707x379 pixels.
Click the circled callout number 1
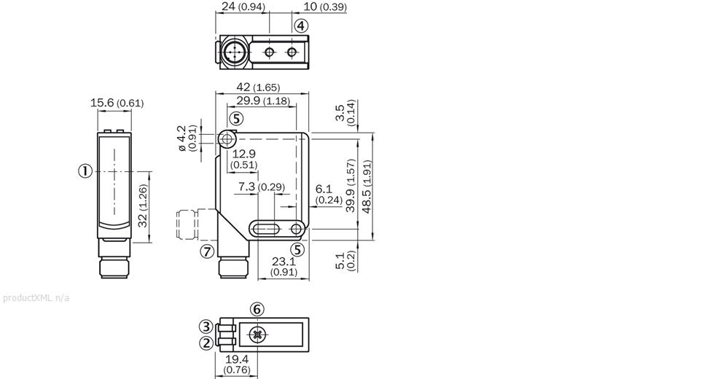(85, 171)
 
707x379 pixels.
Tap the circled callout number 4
(301, 26)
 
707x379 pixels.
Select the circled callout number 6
(257, 309)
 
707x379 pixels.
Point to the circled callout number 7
(207, 251)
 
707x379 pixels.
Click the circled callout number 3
(206, 326)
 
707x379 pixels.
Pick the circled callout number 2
(206, 342)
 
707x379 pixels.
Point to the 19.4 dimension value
(237, 360)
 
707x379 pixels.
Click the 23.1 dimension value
(283, 261)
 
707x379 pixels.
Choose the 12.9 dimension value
(244, 154)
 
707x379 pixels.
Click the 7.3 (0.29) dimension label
(262, 187)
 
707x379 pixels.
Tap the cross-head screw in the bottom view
(257, 335)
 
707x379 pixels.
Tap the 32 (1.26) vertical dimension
(142, 205)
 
